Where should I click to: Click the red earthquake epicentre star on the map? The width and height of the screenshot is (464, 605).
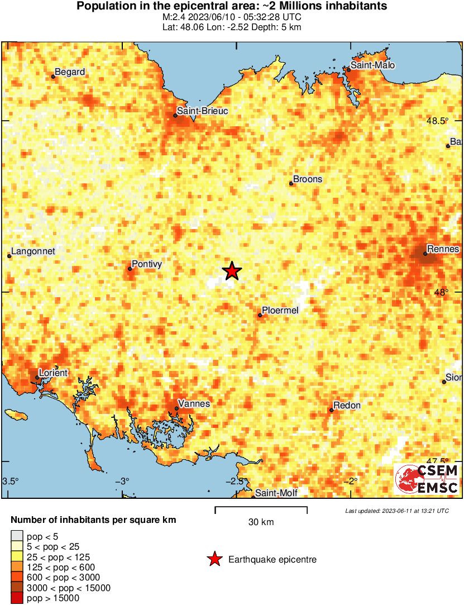[x=232, y=271]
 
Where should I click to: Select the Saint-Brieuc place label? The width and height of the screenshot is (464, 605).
[x=202, y=111]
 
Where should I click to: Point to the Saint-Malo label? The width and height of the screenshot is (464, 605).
[x=373, y=65]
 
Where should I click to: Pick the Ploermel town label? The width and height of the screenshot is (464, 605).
[x=280, y=310]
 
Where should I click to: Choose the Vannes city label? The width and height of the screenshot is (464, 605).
[x=193, y=403]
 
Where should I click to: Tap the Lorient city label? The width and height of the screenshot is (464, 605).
[x=52, y=373]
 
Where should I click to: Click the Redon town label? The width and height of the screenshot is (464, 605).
[x=347, y=405]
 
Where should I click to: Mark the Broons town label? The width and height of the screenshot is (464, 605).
[x=308, y=179]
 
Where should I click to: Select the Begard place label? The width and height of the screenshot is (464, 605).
[x=70, y=72]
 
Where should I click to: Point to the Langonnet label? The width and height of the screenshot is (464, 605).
[x=34, y=251]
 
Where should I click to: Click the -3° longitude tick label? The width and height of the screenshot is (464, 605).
[x=123, y=481]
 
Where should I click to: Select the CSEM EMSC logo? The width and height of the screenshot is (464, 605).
[x=427, y=479]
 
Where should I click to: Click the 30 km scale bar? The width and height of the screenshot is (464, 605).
[x=261, y=508]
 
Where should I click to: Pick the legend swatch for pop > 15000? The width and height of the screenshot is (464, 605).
[x=17, y=598]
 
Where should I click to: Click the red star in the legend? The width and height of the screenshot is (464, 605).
[x=214, y=559]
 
